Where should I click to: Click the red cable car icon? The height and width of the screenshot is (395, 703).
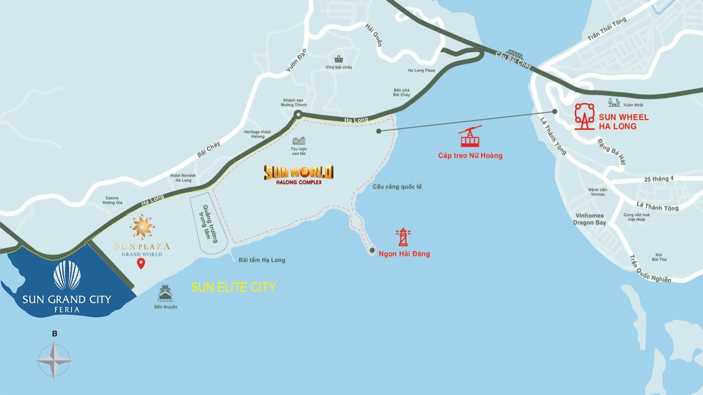tap(470, 137)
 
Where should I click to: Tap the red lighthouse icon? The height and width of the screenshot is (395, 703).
tap(403, 237)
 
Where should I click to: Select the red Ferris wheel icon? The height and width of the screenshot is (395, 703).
tap(584, 117)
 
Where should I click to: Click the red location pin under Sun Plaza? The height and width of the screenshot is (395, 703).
tap(141, 263)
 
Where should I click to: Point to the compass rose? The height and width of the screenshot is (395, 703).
tap(54, 360)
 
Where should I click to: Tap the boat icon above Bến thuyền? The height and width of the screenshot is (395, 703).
tap(165, 293)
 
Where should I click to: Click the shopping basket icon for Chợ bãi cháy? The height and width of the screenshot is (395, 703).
tap(339, 59)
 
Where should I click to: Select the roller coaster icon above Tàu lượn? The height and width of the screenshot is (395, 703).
tap(299, 141)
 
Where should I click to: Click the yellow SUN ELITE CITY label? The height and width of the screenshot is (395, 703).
tap(233, 287)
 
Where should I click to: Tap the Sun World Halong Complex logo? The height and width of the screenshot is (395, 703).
tap(299, 174)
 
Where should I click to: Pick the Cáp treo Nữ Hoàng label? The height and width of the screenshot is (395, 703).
tap(470, 155)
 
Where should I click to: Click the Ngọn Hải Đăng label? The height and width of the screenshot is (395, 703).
tap(404, 254)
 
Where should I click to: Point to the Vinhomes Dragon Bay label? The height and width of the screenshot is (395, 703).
tap(589, 219)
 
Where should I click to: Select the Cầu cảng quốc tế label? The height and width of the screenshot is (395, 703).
tap(397, 187)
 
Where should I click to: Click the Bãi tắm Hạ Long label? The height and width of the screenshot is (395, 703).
tap(262, 260)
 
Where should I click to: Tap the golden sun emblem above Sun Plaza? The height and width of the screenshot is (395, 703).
tap(142, 227)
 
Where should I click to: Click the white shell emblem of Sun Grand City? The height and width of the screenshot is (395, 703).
tap(67, 276)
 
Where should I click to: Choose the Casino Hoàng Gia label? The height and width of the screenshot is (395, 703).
tap(112, 200)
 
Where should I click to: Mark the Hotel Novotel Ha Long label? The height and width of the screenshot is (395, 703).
tap(183, 178)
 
